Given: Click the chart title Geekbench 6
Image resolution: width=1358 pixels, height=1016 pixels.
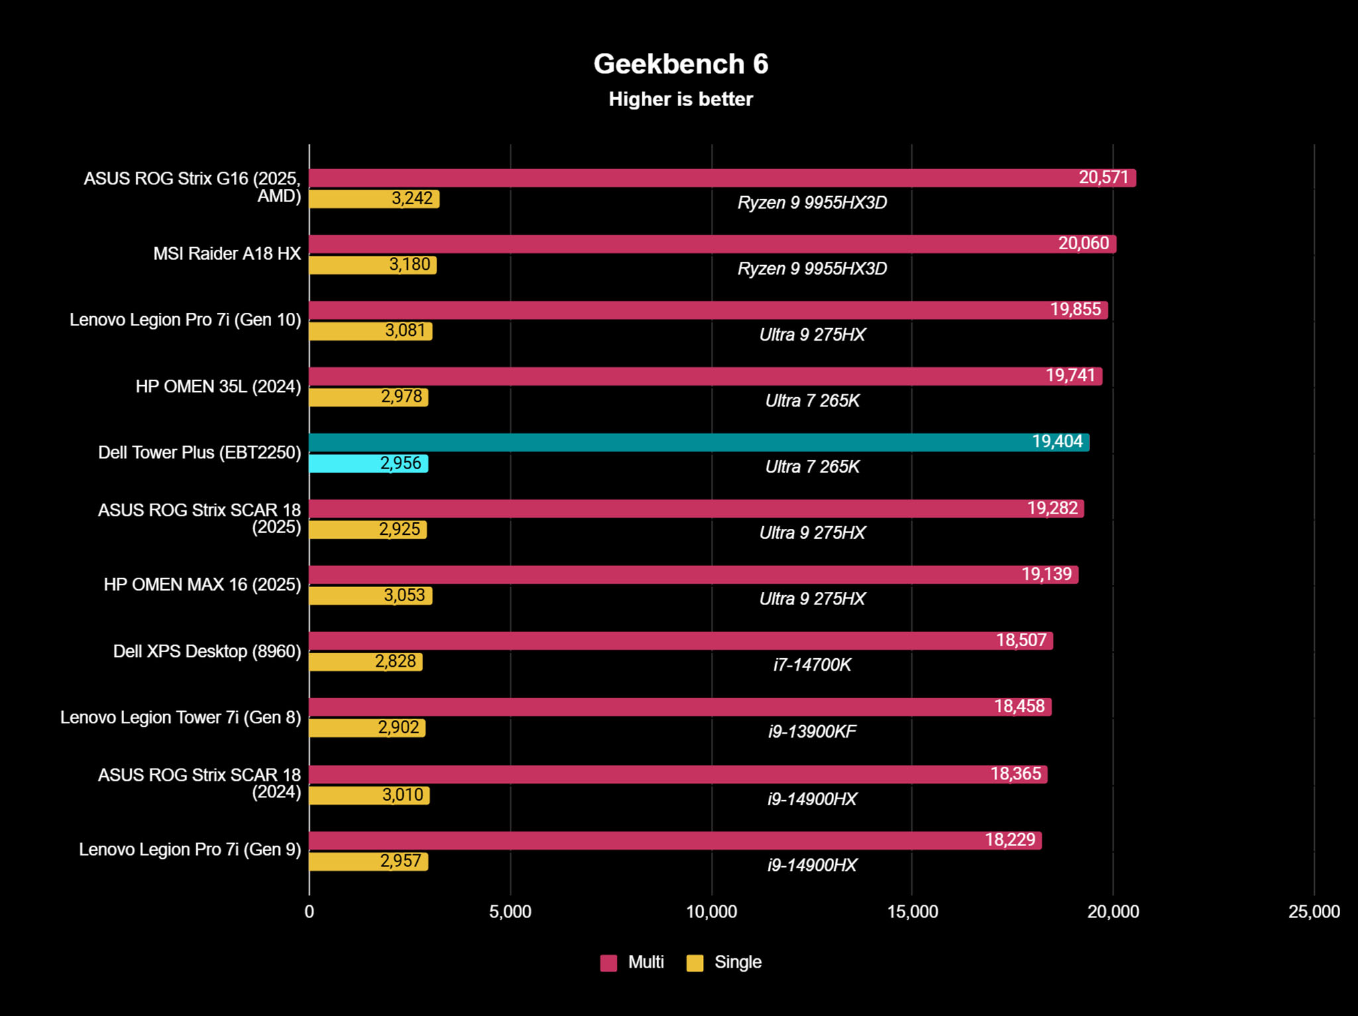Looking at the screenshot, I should click(x=680, y=64).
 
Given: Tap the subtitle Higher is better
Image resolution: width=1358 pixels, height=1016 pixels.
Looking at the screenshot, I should click(x=680, y=99).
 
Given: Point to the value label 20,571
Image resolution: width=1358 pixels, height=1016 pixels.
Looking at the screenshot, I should click(x=1103, y=178).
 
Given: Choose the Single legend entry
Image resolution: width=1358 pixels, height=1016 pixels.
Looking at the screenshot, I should click(x=724, y=962).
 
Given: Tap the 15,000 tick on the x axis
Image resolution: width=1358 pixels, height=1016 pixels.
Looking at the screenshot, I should click(x=912, y=911).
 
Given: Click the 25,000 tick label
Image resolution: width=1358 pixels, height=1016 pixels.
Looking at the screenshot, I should click(x=1314, y=911).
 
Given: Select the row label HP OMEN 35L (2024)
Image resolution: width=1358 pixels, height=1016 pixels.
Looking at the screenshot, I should click(x=218, y=386).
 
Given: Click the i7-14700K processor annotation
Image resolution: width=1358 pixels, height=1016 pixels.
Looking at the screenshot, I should click(x=812, y=665).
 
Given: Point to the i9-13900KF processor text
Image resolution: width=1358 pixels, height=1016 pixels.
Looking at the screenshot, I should click(x=812, y=731).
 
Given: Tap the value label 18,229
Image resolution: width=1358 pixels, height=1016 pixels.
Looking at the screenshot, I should click(x=1010, y=840).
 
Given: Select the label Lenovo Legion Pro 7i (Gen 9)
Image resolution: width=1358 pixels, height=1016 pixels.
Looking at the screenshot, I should click(x=190, y=850).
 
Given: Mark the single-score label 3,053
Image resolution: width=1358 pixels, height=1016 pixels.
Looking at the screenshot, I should click(x=404, y=595).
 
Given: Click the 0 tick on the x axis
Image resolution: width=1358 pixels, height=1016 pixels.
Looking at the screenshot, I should click(x=309, y=911).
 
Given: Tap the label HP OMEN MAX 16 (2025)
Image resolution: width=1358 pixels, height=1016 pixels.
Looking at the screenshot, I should click(x=202, y=585).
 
